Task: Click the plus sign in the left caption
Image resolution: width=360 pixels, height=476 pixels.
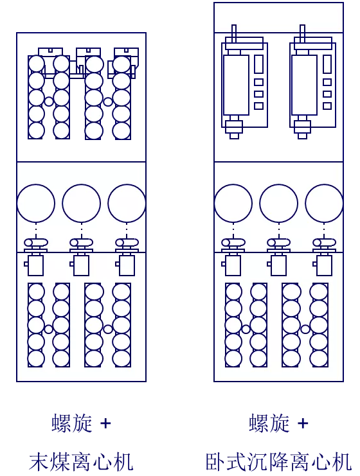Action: [x=105, y=423]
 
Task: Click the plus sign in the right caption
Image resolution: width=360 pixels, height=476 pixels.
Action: [x=303, y=423]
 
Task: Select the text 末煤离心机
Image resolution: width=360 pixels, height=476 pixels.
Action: [x=81, y=462]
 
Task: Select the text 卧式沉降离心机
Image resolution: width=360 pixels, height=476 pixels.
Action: [x=278, y=462]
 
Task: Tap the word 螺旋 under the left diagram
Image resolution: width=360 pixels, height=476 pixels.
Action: [x=72, y=423]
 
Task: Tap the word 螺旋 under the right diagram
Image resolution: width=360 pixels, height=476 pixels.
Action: [x=269, y=423]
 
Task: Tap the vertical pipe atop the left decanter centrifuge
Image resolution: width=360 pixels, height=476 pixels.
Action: [x=233, y=33]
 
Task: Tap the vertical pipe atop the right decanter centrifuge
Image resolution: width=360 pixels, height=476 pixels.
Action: [x=302, y=33]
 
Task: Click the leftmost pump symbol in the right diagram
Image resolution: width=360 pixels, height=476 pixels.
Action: [x=233, y=243]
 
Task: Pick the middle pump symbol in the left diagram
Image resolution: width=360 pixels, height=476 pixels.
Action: [x=82, y=243]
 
